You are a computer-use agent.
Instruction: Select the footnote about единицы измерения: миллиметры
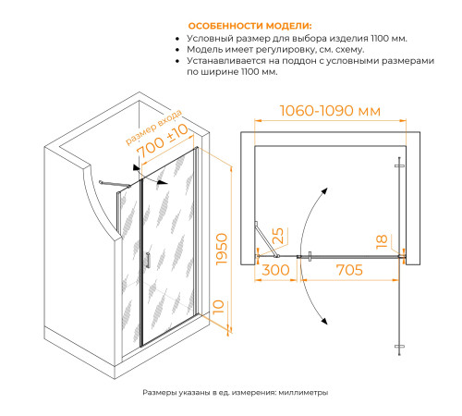pos(236,393)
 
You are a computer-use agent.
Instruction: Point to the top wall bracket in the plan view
pos(398,164)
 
